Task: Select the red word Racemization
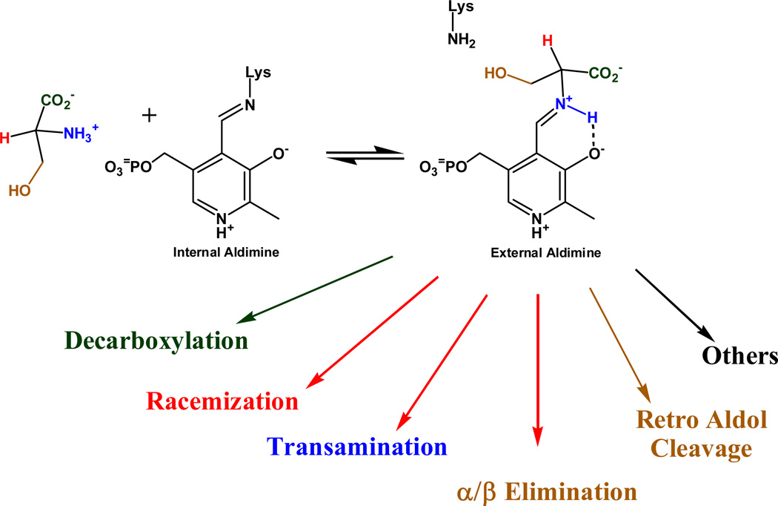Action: (x=222, y=401)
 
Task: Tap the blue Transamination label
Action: (x=358, y=447)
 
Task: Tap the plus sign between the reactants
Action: (x=151, y=116)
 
